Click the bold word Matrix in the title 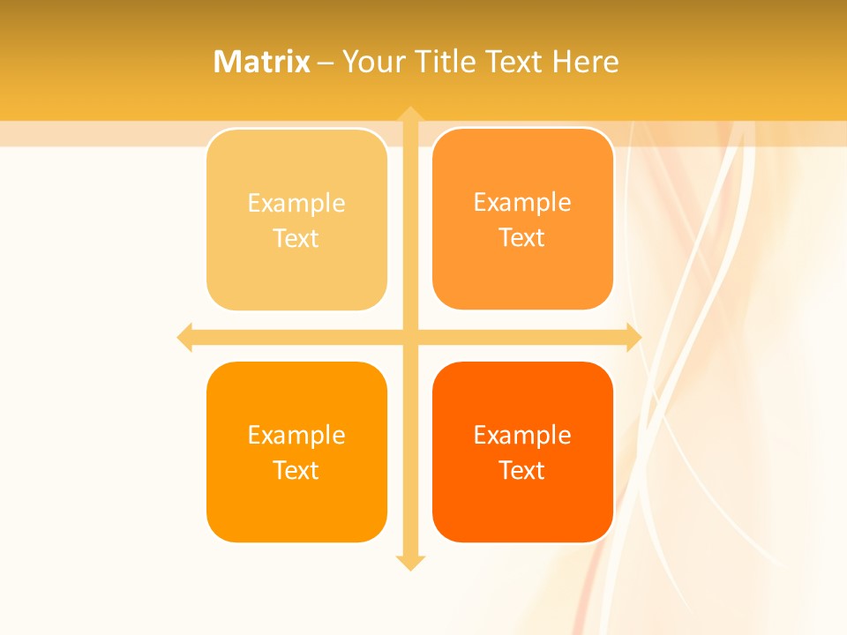[x=262, y=62]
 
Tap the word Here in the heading [x=586, y=62]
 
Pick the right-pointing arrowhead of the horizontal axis [x=633, y=337]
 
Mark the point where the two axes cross [x=410, y=337]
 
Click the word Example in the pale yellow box [x=296, y=204]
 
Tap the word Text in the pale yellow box [x=296, y=239]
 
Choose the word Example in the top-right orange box [x=522, y=203]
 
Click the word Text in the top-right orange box [x=522, y=238]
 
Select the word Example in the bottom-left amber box [x=296, y=436]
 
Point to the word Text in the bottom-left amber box [x=296, y=471]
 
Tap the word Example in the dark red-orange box [x=522, y=436]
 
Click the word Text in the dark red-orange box [x=522, y=471]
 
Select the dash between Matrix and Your [x=326, y=63]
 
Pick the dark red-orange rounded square [x=522, y=512]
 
